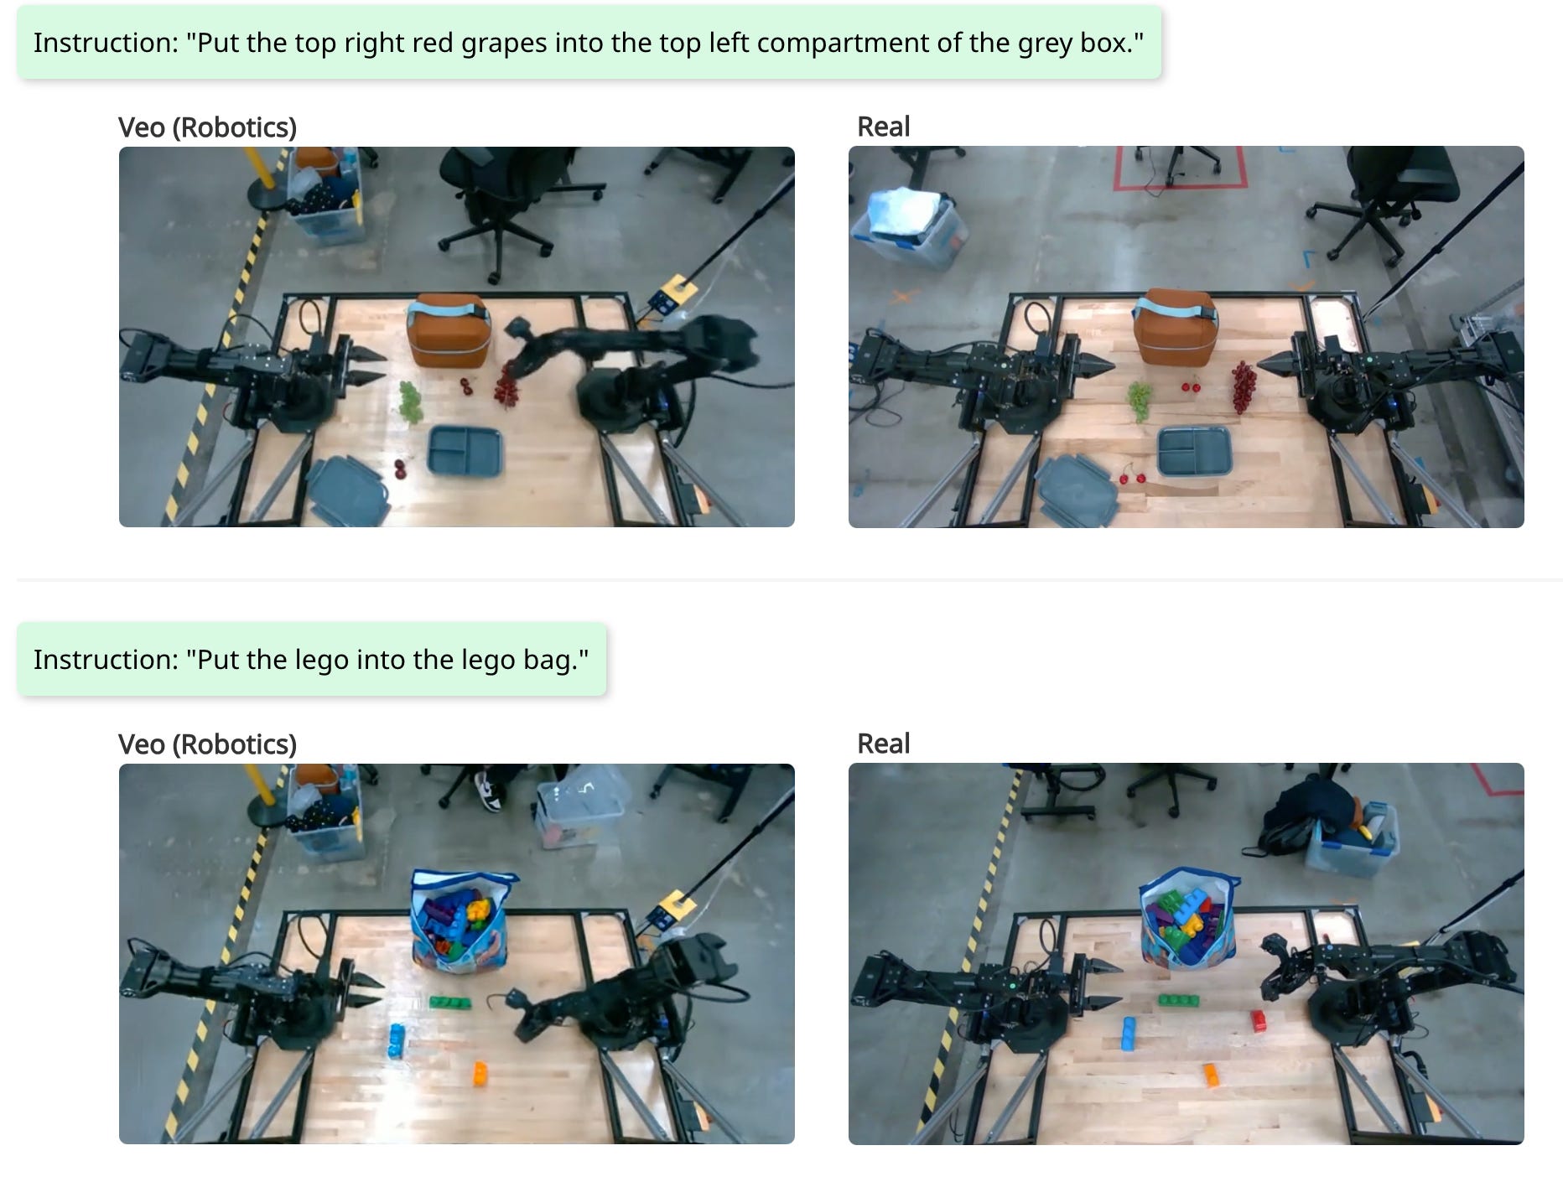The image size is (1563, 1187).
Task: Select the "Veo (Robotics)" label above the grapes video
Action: pos(207,127)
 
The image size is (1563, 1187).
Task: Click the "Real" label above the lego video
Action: pos(883,744)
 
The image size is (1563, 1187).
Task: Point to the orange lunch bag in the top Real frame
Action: pos(1174,327)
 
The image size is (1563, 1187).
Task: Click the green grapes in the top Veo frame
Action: pos(410,402)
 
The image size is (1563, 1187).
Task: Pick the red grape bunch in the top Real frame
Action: pos(1243,386)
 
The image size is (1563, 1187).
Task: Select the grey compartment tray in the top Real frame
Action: pos(1194,451)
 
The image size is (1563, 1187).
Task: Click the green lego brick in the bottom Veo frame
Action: pos(449,1003)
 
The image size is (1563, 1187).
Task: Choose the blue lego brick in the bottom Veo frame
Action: pos(396,1041)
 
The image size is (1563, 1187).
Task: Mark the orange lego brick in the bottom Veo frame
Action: pos(480,1073)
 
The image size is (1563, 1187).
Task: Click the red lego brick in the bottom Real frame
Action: pos(1259,1020)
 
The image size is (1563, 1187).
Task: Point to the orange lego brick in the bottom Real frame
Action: pos(1211,1075)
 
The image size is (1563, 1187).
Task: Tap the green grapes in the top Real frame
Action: pos(1140,399)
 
